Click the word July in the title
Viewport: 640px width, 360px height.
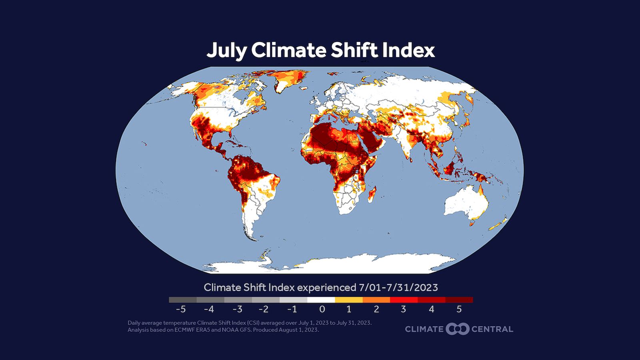226,51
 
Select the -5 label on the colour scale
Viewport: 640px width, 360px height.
181,309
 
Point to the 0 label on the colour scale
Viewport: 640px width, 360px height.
322,309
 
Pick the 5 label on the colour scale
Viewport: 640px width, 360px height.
459,309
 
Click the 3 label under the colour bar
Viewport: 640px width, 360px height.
403,309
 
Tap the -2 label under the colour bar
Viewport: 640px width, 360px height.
263,309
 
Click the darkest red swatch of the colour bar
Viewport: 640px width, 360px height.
459,300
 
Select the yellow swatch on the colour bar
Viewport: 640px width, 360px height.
349,300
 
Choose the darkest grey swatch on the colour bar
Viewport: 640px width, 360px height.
182,300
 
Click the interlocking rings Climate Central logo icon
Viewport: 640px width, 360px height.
457,329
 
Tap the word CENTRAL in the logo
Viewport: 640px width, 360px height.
492,329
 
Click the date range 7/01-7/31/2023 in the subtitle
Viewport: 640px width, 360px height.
398,287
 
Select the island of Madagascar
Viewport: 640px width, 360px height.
372,194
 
